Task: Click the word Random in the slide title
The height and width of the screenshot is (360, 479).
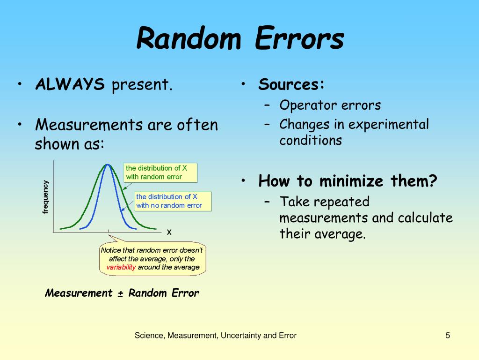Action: pos(189,38)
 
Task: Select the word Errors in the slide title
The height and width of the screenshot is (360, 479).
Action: pos(300,38)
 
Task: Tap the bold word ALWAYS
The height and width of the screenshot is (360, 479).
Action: pos(70,84)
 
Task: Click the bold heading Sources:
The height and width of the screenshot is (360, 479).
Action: pos(291,84)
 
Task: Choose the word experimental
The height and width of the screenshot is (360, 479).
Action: pos(389,125)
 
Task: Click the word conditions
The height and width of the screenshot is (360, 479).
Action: pos(311,141)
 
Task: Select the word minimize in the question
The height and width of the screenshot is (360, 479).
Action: pos(351,180)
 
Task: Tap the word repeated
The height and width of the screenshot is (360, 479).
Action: pos(341,202)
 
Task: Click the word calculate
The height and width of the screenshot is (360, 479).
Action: pos(425,217)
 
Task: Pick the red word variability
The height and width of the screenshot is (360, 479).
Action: pos(121,267)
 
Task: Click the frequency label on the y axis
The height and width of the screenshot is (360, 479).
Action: pos(45,197)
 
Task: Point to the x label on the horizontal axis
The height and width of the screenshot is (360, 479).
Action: pos(169,232)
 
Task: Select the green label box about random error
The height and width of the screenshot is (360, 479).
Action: pos(160,172)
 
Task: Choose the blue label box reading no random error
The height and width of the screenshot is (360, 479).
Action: pos(173,201)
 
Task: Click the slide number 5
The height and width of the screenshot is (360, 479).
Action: pos(448,336)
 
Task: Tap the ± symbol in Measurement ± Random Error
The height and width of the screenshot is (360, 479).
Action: pos(120,293)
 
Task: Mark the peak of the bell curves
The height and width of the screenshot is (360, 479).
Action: pos(108,165)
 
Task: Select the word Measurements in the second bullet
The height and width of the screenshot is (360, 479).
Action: pos(89,125)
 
